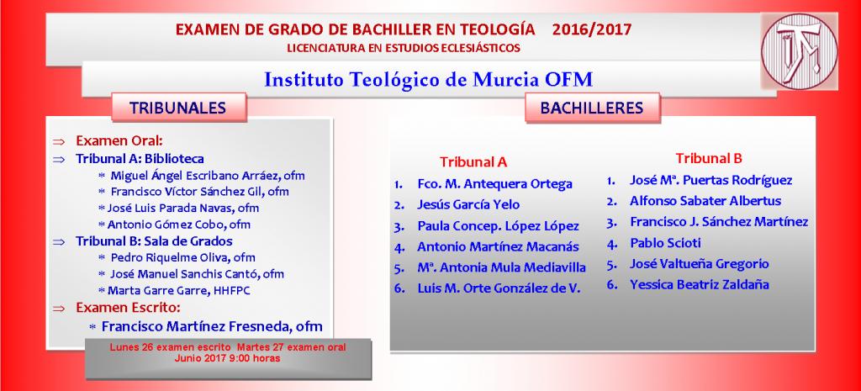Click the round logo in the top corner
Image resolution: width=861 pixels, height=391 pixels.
pyautogui.click(x=799, y=51)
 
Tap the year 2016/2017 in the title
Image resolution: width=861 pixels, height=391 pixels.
pyautogui.click(x=592, y=29)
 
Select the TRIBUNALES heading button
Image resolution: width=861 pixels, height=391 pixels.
pyautogui.click(x=178, y=108)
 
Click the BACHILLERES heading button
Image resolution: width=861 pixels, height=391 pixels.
pyautogui.click(x=592, y=108)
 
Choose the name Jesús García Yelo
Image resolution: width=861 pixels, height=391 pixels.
pyautogui.click(x=468, y=205)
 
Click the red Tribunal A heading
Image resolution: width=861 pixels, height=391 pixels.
pyautogui.click(x=473, y=162)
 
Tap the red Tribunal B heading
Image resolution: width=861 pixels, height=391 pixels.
pyautogui.click(x=709, y=159)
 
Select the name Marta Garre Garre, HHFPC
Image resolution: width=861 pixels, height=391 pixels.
pyautogui.click(x=179, y=290)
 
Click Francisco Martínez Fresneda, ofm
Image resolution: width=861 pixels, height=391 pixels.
pyautogui.click(x=212, y=326)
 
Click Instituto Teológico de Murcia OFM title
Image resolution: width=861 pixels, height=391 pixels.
pyautogui.click(x=429, y=80)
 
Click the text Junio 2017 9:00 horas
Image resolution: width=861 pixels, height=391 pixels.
pyautogui.click(x=228, y=358)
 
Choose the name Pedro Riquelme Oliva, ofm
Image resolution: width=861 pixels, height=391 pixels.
pyautogui.click(x=182, y=257)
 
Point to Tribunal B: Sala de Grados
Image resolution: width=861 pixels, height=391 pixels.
pyautogui.click(x=155, y=241)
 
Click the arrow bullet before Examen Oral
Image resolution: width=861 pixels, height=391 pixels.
pyautogui.click(x=58, y=141)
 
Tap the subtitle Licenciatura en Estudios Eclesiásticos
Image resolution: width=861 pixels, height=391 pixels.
pyautogui.click(x=404, y=48)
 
